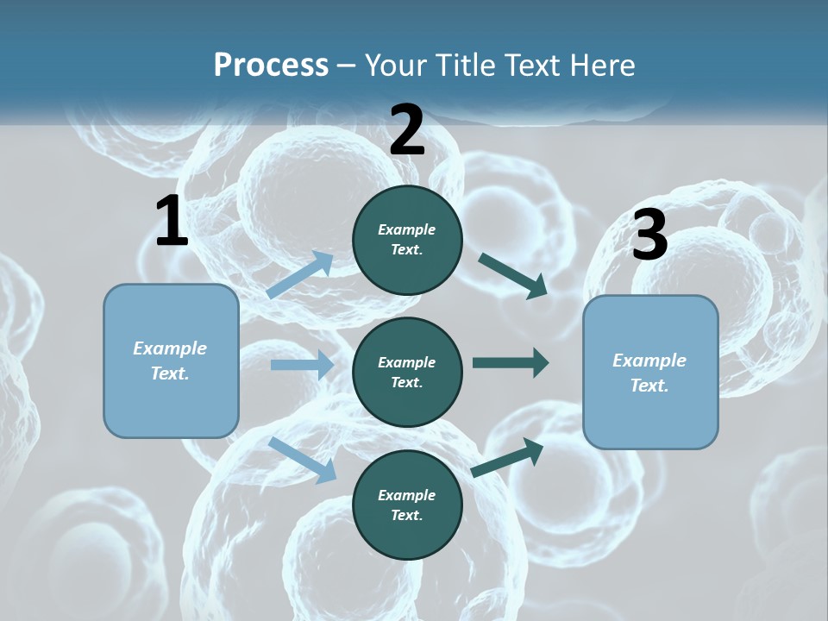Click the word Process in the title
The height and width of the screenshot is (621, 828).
tap(271, 66)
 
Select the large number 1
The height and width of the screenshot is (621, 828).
tap(172, 222)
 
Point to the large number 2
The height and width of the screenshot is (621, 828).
tap(407, 130)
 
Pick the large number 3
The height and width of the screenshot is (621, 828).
tap(649, 235)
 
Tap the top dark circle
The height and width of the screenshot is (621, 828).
tap(407, 240)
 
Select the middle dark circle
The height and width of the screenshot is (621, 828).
tap(407, 372)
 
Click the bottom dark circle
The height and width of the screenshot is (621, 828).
tap(407, 505)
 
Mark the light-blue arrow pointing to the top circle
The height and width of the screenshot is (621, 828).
tap(301, 274)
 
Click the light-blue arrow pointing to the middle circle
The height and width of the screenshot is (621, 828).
tap(302, 365)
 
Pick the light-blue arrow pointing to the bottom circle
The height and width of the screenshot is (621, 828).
tap(303, 459)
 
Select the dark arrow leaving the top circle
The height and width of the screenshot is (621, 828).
tap(514, 276)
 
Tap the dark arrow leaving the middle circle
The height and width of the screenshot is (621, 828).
tap(511, 362)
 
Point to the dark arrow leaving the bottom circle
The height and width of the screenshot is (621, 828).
tap(508, 457)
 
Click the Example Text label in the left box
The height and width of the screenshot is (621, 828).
tap(170, 361)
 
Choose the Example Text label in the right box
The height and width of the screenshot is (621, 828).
tap(649, 373)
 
